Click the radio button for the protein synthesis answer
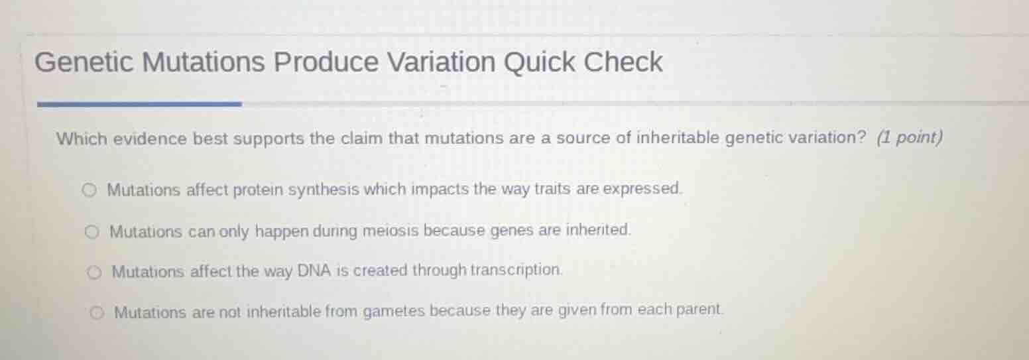pyautogui.click(x=90, y=191)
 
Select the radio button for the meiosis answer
pyautogui.click(x=92, y=232)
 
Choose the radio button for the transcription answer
pyautogui.click(x=95, y=272)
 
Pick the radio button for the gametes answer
pyautogui.click(x=97, y=312)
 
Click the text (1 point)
pyautogui.click(x=909, y=138)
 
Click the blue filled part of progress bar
pyautogui.click(x=139, y=104)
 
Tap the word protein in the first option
pyautogui.click(x=257, y=190)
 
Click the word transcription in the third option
pyautogui.click(x=516, y=270)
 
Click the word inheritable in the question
pyautogui.click(x=678, y=138)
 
